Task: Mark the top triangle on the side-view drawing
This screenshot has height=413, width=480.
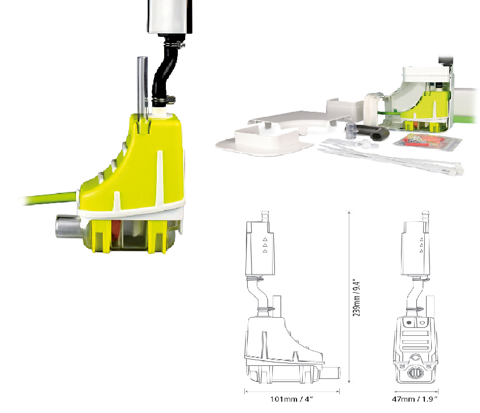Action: pyautogui.click(x=265, y=240)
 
